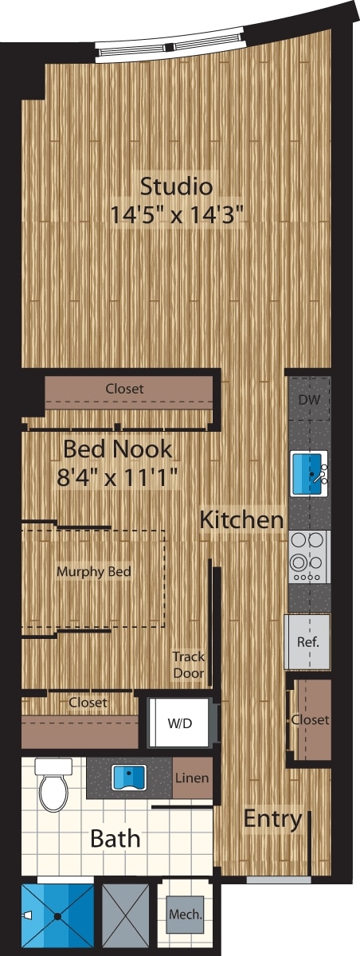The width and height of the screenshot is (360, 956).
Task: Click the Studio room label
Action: coord(176,186)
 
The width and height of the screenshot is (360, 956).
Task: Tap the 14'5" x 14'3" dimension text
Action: coord(176,214)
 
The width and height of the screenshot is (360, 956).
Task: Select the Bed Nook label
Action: coord(117,449)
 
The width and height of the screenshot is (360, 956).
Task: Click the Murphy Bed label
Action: coord(93,571)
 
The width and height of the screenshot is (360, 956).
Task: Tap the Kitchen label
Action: coord(241,520)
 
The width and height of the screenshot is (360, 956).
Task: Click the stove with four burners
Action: coord(309,556)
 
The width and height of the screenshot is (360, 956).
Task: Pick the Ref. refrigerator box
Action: coord(307,641)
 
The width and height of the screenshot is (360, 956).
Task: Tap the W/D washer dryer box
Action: coord(178,723)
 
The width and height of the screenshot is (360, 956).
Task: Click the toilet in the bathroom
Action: coord(53,783)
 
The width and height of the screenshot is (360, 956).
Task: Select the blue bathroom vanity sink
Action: coord(127,777)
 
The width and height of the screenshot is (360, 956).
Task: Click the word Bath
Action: coord(115,838)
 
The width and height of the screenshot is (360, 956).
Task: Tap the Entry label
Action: coord(272,818)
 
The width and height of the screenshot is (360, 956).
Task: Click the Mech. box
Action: coord(184,914)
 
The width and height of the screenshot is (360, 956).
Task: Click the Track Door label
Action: coord(189,664)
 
